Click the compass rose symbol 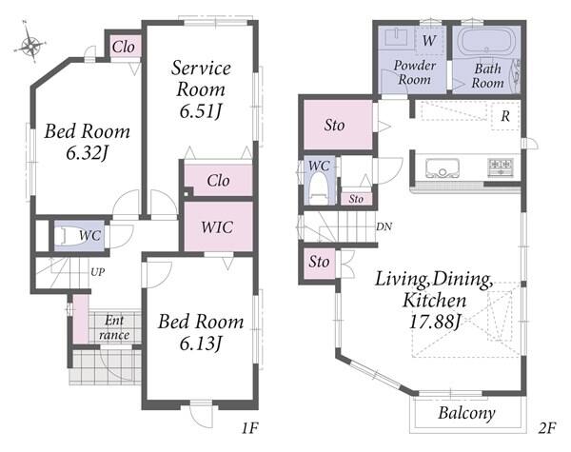pos(31,45)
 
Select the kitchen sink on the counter pos(443,167)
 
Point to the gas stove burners pos(501,167)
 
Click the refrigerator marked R pos(505,116)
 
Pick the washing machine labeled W pos(429,40)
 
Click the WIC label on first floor pos(217,227)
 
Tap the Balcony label pos(466,413)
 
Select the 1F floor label pos(249,427)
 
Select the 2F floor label pos(547,427)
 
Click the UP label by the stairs pos(98,272)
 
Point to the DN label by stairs pos(384,226)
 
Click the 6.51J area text pos(201,111)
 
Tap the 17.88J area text pos(435,322)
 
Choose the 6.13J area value pos(201,344)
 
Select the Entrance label pos(114,327)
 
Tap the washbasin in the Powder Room pos(396,37)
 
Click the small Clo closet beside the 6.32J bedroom pos(123,46)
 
